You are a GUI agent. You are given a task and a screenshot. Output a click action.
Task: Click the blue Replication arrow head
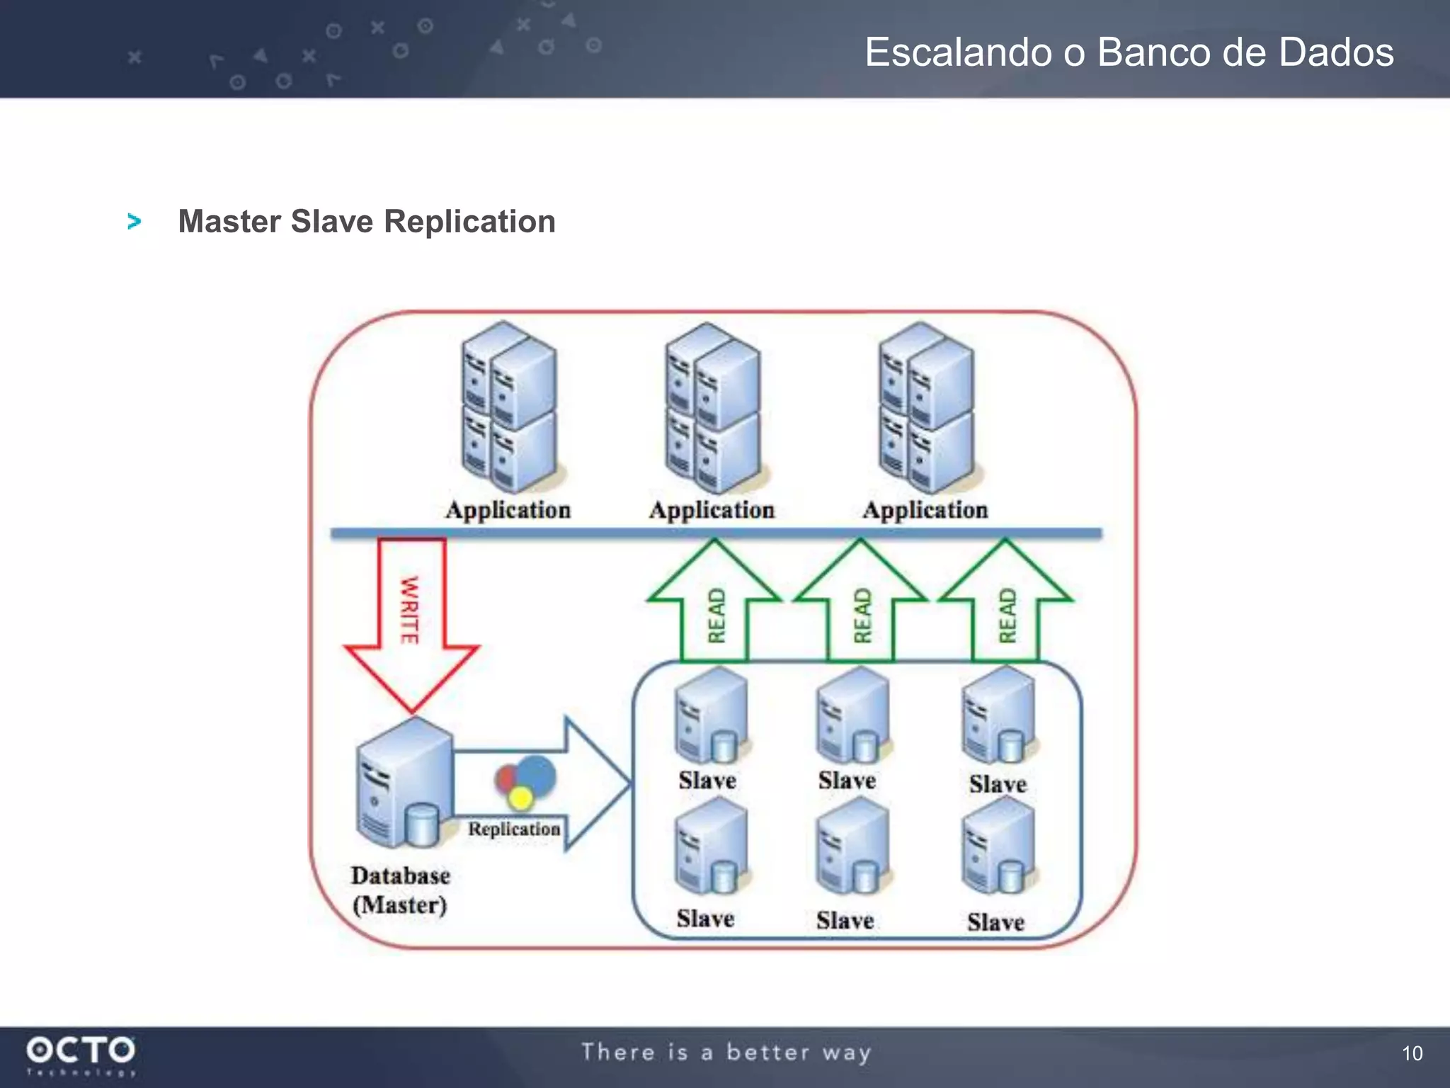595,783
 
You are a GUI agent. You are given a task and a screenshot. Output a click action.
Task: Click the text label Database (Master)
400,890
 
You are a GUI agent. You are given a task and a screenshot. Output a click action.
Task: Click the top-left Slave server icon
711,715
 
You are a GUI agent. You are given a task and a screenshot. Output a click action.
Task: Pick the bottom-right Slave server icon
998,846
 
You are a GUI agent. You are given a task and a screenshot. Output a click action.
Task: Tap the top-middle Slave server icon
852,715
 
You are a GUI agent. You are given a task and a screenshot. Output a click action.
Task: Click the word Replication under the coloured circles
514,829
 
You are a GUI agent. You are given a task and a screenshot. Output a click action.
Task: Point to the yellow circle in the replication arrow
521,799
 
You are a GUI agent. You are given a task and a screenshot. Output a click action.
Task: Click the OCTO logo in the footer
81,1051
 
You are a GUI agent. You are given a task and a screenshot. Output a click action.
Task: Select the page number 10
1412,1053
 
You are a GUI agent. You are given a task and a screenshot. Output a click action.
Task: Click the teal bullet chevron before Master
134,222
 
